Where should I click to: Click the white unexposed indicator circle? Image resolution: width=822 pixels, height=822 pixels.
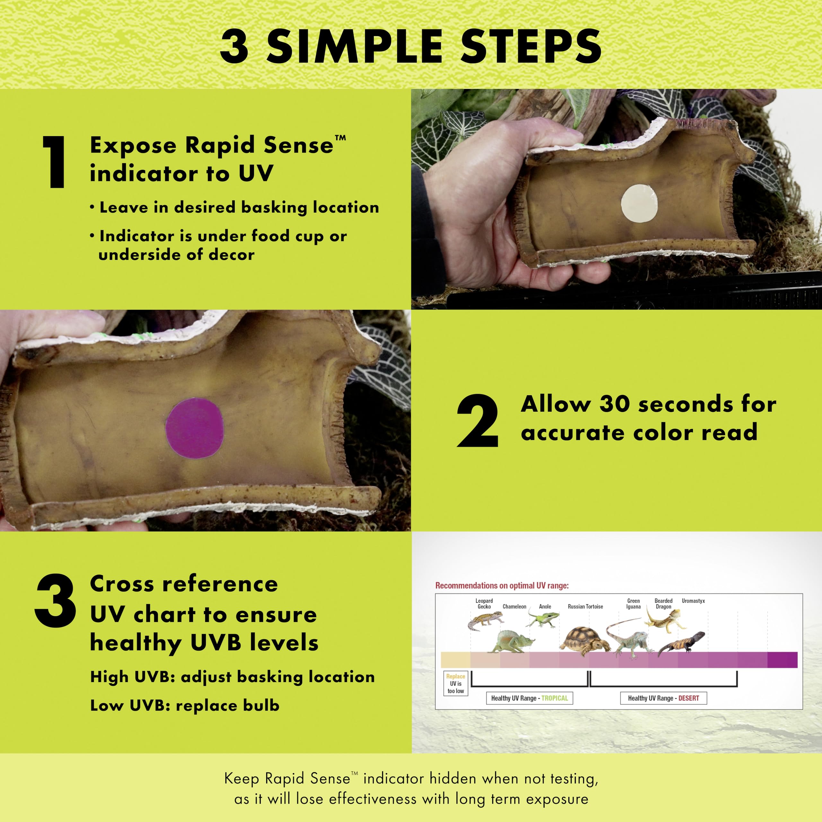[640, 203]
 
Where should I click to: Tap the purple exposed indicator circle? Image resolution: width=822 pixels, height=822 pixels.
[195, 428]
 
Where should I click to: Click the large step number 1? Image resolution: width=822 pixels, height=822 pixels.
[55, 162]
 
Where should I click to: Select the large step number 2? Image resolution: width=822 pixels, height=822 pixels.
[477, 420]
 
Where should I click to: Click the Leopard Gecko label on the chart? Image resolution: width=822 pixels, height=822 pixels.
[484, 604]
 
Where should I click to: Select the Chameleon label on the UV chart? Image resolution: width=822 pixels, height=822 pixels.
[514, 606]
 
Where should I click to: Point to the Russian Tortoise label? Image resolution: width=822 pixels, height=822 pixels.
[585, 606]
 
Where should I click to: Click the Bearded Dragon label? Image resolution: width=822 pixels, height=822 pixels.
[663, 604]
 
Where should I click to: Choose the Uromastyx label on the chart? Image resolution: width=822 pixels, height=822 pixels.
[694, 601]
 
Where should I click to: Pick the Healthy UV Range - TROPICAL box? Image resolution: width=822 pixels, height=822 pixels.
[529, 698]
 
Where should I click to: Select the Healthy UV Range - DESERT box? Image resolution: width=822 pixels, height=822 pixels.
[663, 698]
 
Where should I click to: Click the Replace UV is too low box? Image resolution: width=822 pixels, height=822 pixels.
[456, 683]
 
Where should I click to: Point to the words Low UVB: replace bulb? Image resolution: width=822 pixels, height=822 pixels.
[185, 705]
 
